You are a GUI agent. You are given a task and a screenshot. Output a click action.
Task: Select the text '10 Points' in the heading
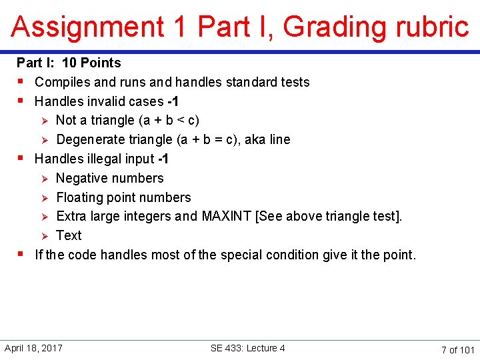click(91, 63)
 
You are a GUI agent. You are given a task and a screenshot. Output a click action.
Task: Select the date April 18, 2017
click(33, 348)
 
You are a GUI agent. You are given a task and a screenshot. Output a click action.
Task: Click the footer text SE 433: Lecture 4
click(247, 348)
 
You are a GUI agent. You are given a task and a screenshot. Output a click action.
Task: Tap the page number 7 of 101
click(457, 349)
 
